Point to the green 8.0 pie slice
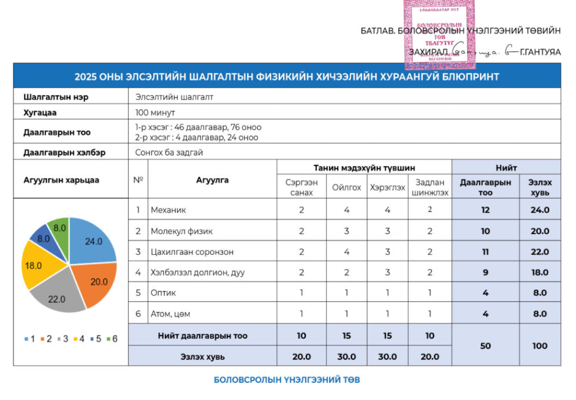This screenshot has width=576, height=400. [x=59, y=228]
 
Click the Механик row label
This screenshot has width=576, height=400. [x=169, y=210]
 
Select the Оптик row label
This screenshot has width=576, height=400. [x=164, y=293]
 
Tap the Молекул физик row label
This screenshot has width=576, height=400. [x=177, y=231]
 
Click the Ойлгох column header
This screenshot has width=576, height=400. [x=346, y=187]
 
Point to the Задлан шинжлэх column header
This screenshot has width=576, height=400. [x=430, y=187]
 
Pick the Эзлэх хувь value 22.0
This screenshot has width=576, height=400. [x=540, y=252]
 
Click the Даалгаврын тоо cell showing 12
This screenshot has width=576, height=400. [x=485, y=210]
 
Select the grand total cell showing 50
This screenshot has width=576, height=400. [x=485, y=345]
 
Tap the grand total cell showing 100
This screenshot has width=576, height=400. [x=540, y=345]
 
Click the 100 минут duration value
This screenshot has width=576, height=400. [x=155, y=113]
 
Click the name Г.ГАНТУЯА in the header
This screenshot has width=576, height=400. [x=539, y=52]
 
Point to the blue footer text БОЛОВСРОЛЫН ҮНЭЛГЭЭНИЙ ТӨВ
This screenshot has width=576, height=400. [x=287, y=380]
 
